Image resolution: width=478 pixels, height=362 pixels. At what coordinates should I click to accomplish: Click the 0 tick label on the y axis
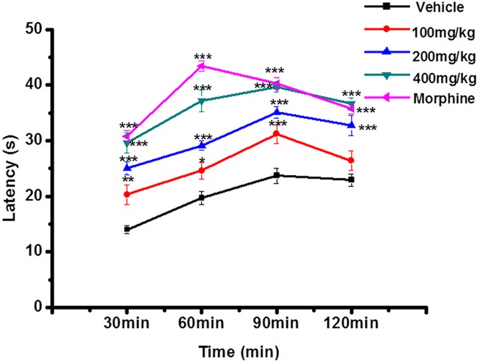(x=38, y=307)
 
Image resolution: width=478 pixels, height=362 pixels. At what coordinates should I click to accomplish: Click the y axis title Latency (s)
(x=10, y=169)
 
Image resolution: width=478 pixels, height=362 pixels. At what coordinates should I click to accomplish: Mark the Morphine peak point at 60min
(x=202, y=66)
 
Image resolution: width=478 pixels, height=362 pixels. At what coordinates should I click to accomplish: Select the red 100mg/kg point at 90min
(x=277, y=134)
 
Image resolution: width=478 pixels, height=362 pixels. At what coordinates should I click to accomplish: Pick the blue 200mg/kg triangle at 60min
(x=202, y=145)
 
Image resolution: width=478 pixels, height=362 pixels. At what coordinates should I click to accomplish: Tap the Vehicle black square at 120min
(x=351, y=180)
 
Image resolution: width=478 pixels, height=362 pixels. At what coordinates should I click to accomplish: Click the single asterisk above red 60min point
(x=202, y=162)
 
